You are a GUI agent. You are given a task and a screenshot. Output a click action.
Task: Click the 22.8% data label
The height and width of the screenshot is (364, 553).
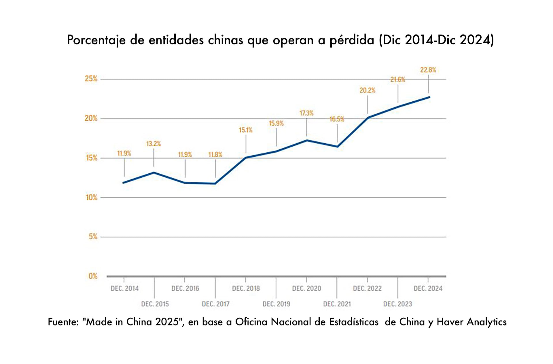click(x=428, y=70)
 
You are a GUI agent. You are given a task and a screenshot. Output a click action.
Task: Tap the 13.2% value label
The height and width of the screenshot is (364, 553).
click(x=154, y=144)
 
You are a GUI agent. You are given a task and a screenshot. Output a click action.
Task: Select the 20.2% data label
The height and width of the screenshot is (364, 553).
click(x=367, y=90)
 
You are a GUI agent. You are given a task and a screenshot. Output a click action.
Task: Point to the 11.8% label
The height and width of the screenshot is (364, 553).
click(x=215, y=155)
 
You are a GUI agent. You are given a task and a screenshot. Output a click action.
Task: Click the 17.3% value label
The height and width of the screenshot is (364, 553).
click(x=306, y=113)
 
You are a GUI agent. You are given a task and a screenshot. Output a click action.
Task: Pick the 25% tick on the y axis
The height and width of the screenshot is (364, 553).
click(x=91, y=79)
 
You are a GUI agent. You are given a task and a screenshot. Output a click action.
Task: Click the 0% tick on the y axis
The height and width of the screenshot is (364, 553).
click(x=93, y=276)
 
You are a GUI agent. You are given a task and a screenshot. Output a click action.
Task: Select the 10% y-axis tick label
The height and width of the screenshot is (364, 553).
click(x=92, y=198)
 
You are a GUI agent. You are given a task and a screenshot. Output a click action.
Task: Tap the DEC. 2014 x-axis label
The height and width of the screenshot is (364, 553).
click(x=124, y=288)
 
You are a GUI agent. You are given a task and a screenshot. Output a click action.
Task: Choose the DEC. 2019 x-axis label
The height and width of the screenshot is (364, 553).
click(x=276, y=304)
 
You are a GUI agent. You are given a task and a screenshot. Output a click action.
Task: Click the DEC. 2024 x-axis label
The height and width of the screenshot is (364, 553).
click(x=428, y=288)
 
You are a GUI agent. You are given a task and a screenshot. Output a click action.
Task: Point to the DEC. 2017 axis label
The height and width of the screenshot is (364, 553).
click(x=215, y=304)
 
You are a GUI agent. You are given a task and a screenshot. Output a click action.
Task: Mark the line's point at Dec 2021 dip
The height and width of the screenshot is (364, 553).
click(x=337, y=147)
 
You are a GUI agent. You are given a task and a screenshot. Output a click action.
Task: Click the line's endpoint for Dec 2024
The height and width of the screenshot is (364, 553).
click(x=429, y=97)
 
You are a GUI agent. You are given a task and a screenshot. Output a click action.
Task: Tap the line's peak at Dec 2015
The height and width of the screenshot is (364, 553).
click(x=154, y=172)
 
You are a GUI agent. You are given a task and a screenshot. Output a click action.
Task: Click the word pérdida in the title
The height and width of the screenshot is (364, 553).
click(x=352, y=40)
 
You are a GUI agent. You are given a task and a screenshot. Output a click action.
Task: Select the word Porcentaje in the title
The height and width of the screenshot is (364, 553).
click(x=96, y=40)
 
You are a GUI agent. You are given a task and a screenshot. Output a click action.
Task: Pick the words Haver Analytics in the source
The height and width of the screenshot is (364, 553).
click(x=471, y=322)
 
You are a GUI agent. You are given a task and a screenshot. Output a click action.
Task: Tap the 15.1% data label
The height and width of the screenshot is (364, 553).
click(x=245, y=130)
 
